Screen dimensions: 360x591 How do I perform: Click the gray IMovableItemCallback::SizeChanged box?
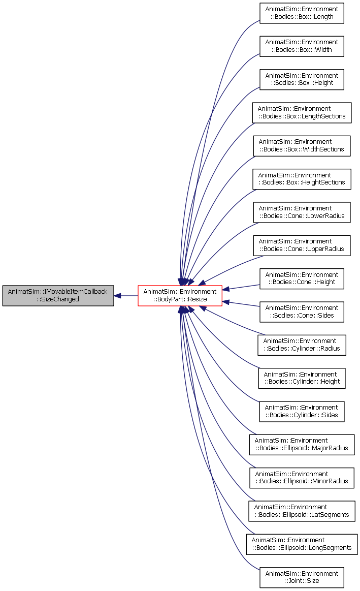58,296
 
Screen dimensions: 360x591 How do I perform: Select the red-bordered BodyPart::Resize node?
180,296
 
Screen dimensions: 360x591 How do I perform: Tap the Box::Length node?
302,13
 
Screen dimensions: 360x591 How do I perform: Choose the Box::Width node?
302,46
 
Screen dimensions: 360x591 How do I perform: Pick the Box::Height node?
302,80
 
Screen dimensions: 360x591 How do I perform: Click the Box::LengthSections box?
302,113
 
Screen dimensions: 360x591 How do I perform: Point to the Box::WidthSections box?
302,146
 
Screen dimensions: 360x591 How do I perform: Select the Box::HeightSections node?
302,179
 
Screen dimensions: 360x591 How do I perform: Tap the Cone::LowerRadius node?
302,212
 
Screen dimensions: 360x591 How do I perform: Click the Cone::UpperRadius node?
302,245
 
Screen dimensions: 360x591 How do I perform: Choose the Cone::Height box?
302,279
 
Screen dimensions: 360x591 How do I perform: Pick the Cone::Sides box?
302,312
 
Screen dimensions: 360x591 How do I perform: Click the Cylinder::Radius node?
302,345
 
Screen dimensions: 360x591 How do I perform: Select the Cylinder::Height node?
302,379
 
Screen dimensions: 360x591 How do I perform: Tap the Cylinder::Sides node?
302,412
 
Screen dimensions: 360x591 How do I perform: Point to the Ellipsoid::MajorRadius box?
302,445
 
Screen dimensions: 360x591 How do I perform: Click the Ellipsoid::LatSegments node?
302,511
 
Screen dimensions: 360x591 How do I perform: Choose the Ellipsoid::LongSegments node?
302,544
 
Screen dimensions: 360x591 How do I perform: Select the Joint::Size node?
302,577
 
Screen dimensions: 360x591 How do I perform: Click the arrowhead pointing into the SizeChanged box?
117,296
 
